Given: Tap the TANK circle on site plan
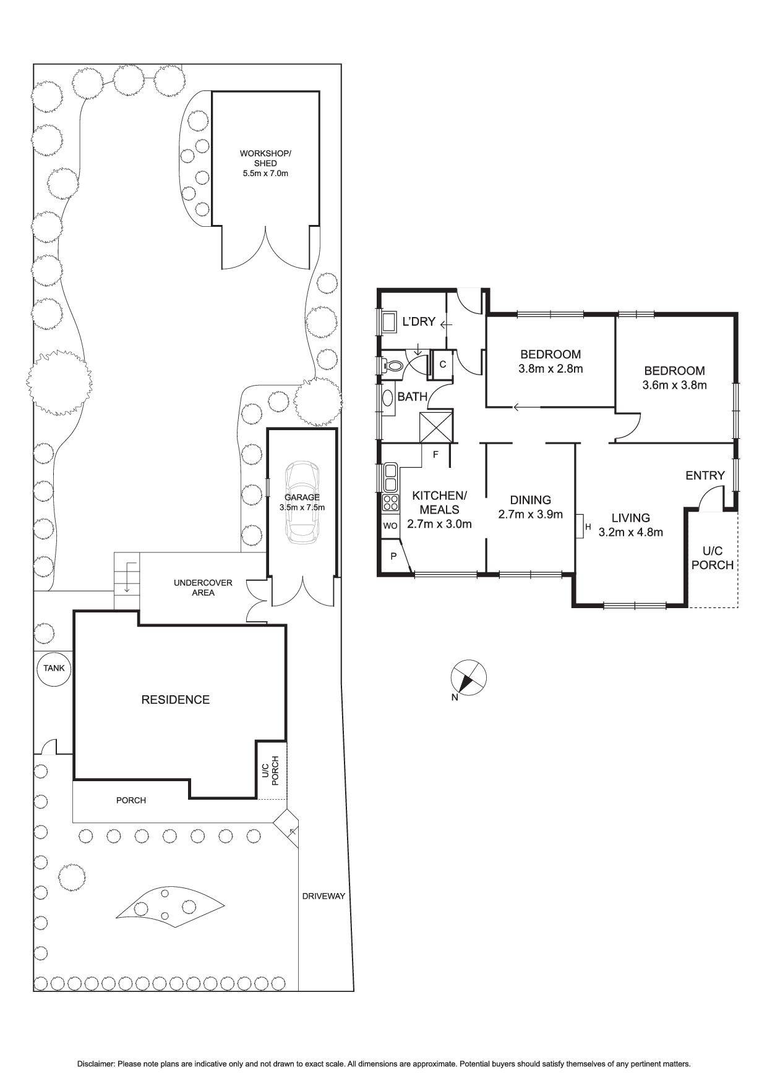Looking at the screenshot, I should coord(54,668).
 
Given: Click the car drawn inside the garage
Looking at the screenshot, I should coord(302,502).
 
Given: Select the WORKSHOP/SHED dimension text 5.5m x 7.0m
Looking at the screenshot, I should coord(265,174).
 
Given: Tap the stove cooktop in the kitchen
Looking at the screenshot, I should coord(390,502).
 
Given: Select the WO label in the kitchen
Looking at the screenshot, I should coord(390,526).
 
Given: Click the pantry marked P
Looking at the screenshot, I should coord(393,556).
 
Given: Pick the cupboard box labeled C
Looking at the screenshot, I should coord(443,364).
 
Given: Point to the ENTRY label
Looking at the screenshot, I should coord(705,475).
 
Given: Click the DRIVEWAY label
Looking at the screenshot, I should coord(323,896).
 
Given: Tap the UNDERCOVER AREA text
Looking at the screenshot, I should coord(203,588).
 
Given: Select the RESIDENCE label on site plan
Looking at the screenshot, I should coord(176,700).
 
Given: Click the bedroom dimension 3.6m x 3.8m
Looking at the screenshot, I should coord(674,384).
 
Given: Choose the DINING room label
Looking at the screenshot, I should coord(530,500).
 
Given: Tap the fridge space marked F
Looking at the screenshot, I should coord(435,455).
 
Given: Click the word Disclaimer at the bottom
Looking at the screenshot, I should coord(96,1064).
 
